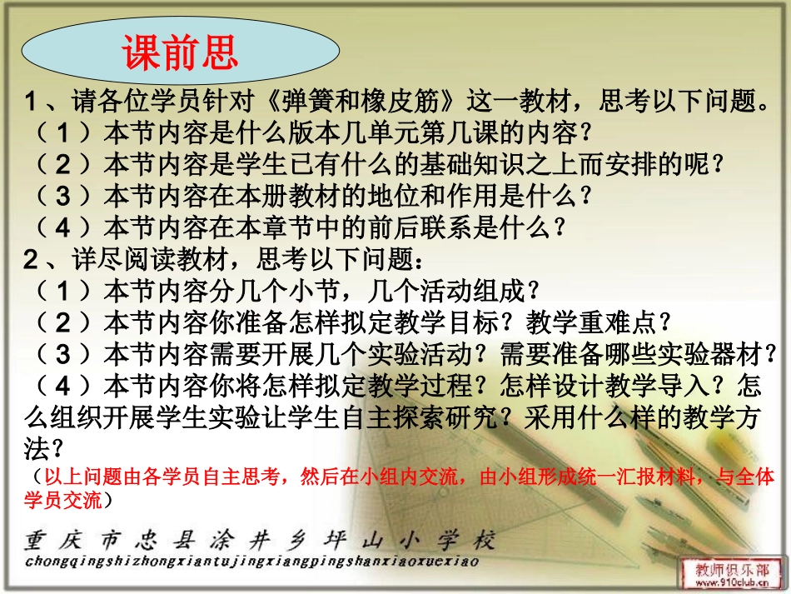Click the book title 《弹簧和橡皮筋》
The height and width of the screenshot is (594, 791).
coord(362,102)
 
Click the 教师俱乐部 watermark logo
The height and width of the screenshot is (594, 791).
coord(733,568)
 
